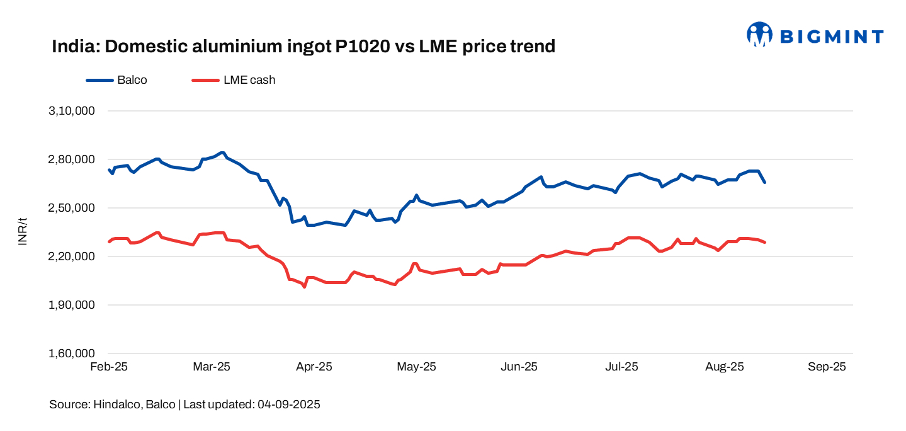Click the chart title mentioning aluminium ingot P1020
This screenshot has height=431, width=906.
[303, 47]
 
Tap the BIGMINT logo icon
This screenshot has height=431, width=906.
[759, 35]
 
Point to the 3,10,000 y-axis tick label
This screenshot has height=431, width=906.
[71, 111]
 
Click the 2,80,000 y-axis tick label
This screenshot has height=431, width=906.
[71, 159]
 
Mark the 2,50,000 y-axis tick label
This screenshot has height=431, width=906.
[71, 208]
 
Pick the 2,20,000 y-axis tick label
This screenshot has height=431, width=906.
[71, 256]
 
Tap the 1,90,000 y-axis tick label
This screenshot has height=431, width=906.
[71, 305]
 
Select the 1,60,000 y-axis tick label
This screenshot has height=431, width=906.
[71, 353]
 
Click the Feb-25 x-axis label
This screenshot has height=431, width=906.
[109, 367]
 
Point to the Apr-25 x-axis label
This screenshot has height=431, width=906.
[314, 367]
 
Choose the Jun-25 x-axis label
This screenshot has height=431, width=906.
[519, 367]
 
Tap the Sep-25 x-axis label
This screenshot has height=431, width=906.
[827, 367]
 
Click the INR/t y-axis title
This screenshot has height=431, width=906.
[23, 232]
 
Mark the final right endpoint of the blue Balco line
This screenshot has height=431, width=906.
[764, 182]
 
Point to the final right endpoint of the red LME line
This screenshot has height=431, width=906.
[764, 243]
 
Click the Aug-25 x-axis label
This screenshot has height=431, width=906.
[725, 367]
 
